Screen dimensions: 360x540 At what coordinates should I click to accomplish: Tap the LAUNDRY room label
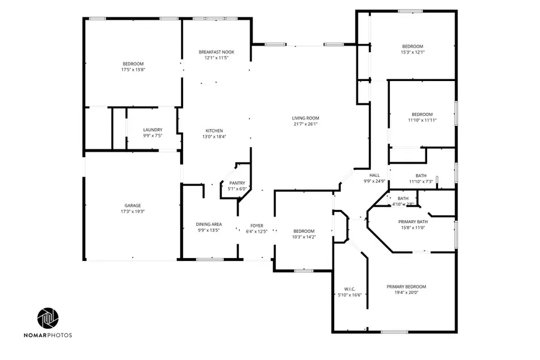coord(152,130)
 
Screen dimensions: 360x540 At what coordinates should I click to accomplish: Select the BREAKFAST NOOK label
coord(216,52)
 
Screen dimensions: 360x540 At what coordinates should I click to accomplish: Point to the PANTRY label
coord(237,183)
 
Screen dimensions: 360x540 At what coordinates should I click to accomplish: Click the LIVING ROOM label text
coord(305,118)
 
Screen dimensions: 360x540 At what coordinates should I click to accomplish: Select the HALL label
coord(374,175)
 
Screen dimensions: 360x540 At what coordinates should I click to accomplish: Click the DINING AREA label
coord(209,224)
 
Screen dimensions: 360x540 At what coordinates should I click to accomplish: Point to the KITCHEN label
coord(214,131)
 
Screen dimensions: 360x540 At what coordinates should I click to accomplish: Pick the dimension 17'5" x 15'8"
coord(133,70)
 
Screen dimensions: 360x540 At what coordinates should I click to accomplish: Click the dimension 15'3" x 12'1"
coord(412,52)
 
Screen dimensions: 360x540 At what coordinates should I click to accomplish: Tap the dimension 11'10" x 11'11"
coord(422,120)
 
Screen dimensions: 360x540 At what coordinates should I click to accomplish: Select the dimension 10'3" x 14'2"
coord(304,237)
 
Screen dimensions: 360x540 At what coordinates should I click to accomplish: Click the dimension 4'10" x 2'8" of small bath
coord(403,205)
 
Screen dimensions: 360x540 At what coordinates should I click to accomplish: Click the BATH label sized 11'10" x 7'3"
coord(421,175)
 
